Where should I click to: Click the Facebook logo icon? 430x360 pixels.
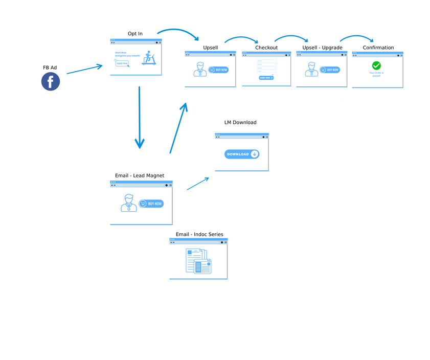pyautogui.click(x=51, y=82)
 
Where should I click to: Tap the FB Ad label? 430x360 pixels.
pyautogui.click(x=50, y=67)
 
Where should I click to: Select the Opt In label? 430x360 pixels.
pyautogui.click(x=135, y=34)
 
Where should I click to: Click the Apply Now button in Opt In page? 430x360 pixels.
pyautogui.click(x=122, y=63)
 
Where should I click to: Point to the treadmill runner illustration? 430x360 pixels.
pyautogui.click(x=149, y=58)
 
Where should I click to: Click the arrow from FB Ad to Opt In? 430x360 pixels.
pyautogui.click(x=84, y=70)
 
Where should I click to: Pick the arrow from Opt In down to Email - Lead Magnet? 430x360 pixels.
pyautogui.click(x=139, y=118)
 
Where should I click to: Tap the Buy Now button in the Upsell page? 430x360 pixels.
pyautogui.click(x=219, y=70)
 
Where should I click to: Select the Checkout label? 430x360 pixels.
pyautogui.click(x=266, y=48)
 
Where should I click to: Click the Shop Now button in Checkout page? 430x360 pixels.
pyautogui.click(x=266, y=78)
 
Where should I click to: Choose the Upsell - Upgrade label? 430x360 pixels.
pyautogui.click(x=322, y=48)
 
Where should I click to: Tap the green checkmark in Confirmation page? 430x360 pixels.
pyautogui.click(x=376, y=65)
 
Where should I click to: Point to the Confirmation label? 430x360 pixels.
pyautogui.click(x=378, y=48)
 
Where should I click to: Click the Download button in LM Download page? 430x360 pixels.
pyautogui.click(x=242, y=154)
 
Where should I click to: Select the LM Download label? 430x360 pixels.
pyautogui.click(x=240, y=122)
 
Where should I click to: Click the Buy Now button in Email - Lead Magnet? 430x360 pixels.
pyautogui.click(x=151, y=204)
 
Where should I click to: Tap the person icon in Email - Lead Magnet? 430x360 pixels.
pyautogui.click(x=128, y=203)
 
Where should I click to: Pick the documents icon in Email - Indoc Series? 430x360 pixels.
pyautogui.click(x=198, y=261)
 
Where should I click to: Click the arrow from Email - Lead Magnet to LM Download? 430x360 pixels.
pyautogui.click(x=198, y=184)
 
